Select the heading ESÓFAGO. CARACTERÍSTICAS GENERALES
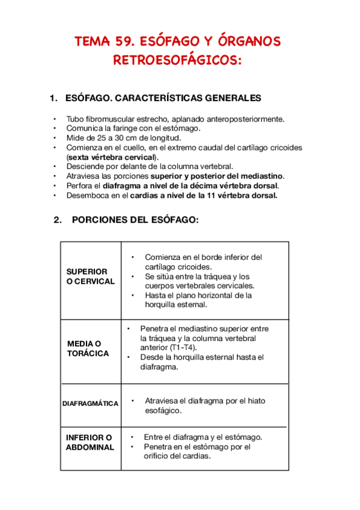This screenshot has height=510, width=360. pyautogui.click(x=162, y=98)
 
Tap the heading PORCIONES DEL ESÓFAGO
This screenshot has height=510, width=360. pyautogui.click(x=135, y=220)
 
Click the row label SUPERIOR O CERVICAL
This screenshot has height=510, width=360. pyautogui.click(x=90, y=277)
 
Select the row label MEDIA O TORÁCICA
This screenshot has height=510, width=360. pyautogui.click(x=88, y=348)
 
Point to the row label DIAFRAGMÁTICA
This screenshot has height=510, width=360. pyautogui.click(x=90, y=404)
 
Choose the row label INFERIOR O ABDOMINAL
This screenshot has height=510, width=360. pyautogui.click(x=90, y=442)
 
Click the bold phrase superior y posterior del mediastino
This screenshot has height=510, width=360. pyautogui.click(x=217, y=176)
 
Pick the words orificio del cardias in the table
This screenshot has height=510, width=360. pyautogui.click(x=177, y=456)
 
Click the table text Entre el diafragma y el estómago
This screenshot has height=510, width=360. pyautogui.click(x=203, y=437)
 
